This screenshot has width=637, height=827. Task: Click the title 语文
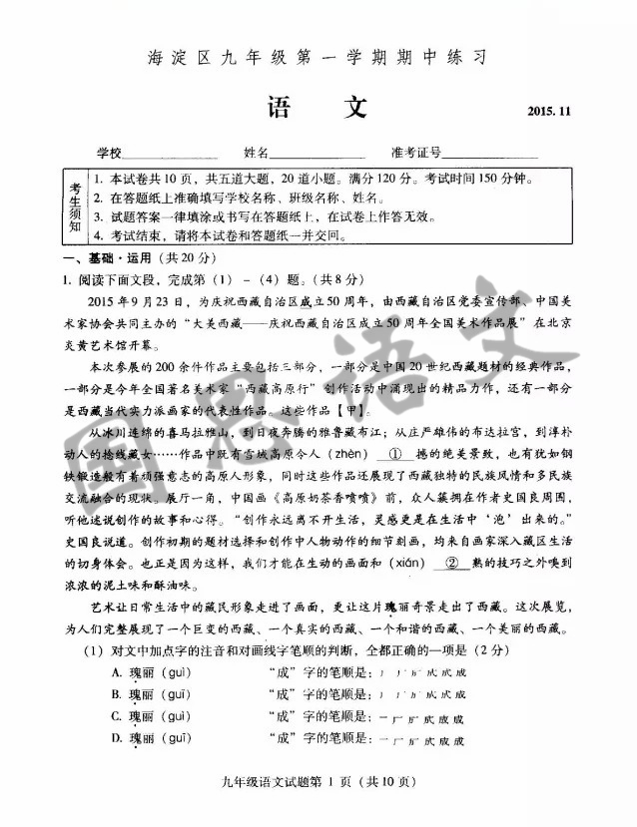tap(318, 108)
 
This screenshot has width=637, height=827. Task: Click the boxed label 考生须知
tap(76, 207)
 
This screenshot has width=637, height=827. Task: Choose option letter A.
tap(118, 671)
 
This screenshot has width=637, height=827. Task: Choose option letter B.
tap(118, 694)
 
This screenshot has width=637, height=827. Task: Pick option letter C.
tap(118, 717)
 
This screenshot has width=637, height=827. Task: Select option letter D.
tap(118, 740)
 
